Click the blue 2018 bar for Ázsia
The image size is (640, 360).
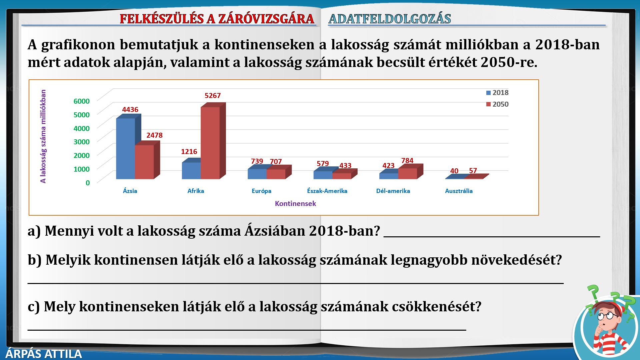(x=126, y=149)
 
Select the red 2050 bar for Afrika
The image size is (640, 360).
(x=210, y=143)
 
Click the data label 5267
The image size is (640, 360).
(x=213, y=96)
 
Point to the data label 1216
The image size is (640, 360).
(x=189, y=152)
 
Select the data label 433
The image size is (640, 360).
(x=345, y=166)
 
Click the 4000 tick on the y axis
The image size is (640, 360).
(x=82, y=128)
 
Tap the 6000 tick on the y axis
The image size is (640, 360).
(x=82, y=101)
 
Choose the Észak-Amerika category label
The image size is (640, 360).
(x=327, y=191)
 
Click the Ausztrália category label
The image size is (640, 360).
(x=459, y=191)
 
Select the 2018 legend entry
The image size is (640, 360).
(x=497, y=93)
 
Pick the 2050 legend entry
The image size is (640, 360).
(x=497, y=104)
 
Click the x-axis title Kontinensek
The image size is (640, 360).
(x=295, y=204)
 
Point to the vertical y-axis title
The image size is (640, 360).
(x=43, y=136)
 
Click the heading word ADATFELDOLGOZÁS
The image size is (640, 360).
(x=390, y=19)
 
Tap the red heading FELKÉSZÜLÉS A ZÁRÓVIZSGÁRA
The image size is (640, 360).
(x=217, y=19)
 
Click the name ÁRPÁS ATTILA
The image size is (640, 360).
(x=44, y=354)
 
